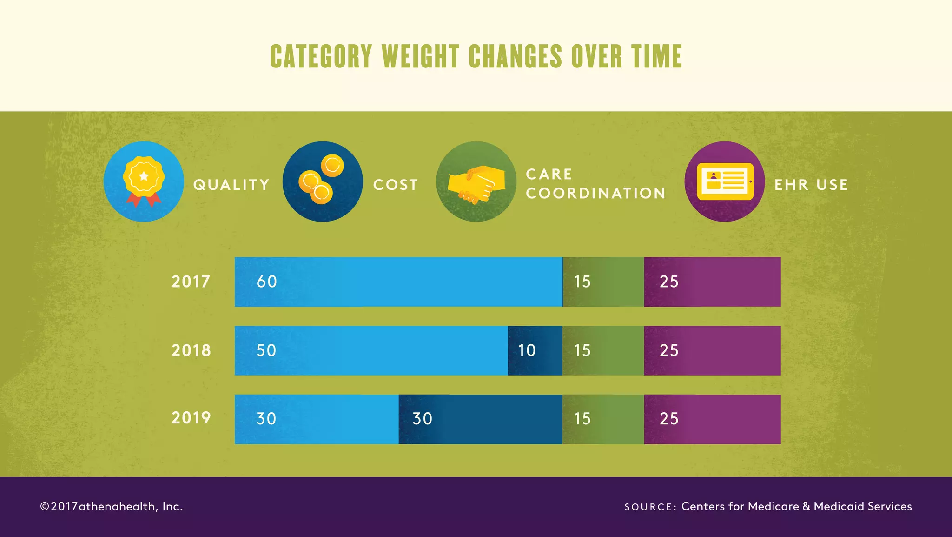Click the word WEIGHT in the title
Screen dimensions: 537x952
pyautogui.click(x=421, y=57)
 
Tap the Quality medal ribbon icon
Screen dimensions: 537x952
pyautogui.click(x=144, y=181)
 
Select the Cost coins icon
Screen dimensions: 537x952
pyautogui.click(x=322, y=181)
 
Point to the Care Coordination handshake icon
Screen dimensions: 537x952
pyautogui.click(x=476, y=181)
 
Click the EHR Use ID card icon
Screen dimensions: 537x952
pyautogui.click(x=724, y=181)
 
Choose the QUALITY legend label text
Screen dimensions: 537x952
pyautogui.click(x=231, y=185)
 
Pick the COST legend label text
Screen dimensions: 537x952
pyautogui.click(x=396, y=185)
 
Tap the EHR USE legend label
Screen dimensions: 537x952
pyautogui.click(x=811, y=185)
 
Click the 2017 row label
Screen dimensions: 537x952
pyautogui.click(x=191, y=282)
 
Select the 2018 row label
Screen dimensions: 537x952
pyautogui.click(x=191, y=350)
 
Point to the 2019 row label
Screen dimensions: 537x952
pyautogui.click(x=191, y=418)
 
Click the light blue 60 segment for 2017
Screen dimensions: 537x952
pyautogui.click(x=398, y=282)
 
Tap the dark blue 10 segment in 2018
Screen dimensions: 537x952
pyautogui.click(x=535, y=350)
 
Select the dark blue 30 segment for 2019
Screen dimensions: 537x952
pyautogui.click(x=480, y=419)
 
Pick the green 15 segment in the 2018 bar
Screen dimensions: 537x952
pyautogui.click(x=603, y=350)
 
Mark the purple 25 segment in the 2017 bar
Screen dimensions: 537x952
pyautogui.click(x=712, y=282)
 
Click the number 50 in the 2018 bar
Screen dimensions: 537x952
pyautogui.click(x=266, y=350)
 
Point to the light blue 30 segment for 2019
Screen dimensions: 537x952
pyautogui.click(x=317, y=419)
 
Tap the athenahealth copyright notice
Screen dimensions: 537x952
pyautogui.click(x=112, y=506)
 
